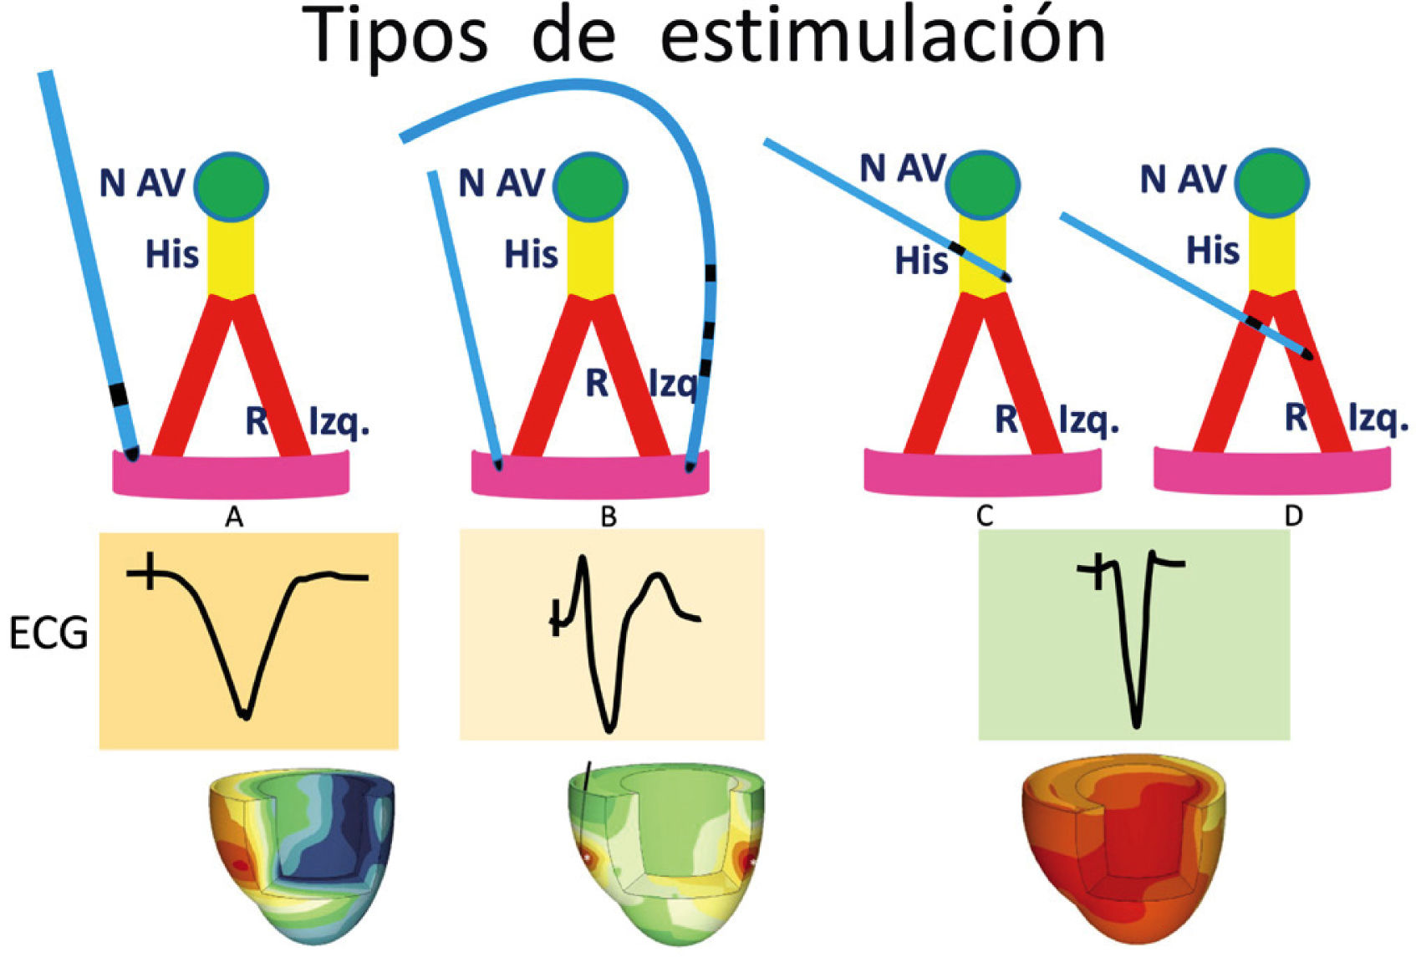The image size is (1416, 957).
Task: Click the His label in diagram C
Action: pos(921,262)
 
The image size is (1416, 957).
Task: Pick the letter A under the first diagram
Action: pos(234,518)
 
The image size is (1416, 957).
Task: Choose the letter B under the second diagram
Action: pos(609,517)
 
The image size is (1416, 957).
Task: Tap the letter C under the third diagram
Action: pos(984,517)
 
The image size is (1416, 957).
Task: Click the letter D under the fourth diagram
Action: pos(1293,517)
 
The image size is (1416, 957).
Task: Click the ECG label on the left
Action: pos(48,634)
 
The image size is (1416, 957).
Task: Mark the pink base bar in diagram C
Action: pos(982,472)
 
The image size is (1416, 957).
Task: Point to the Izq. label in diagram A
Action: pos(339,423)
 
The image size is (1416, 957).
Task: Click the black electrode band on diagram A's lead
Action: pos(119,393)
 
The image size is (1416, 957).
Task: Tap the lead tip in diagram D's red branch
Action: pos(1307,355)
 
